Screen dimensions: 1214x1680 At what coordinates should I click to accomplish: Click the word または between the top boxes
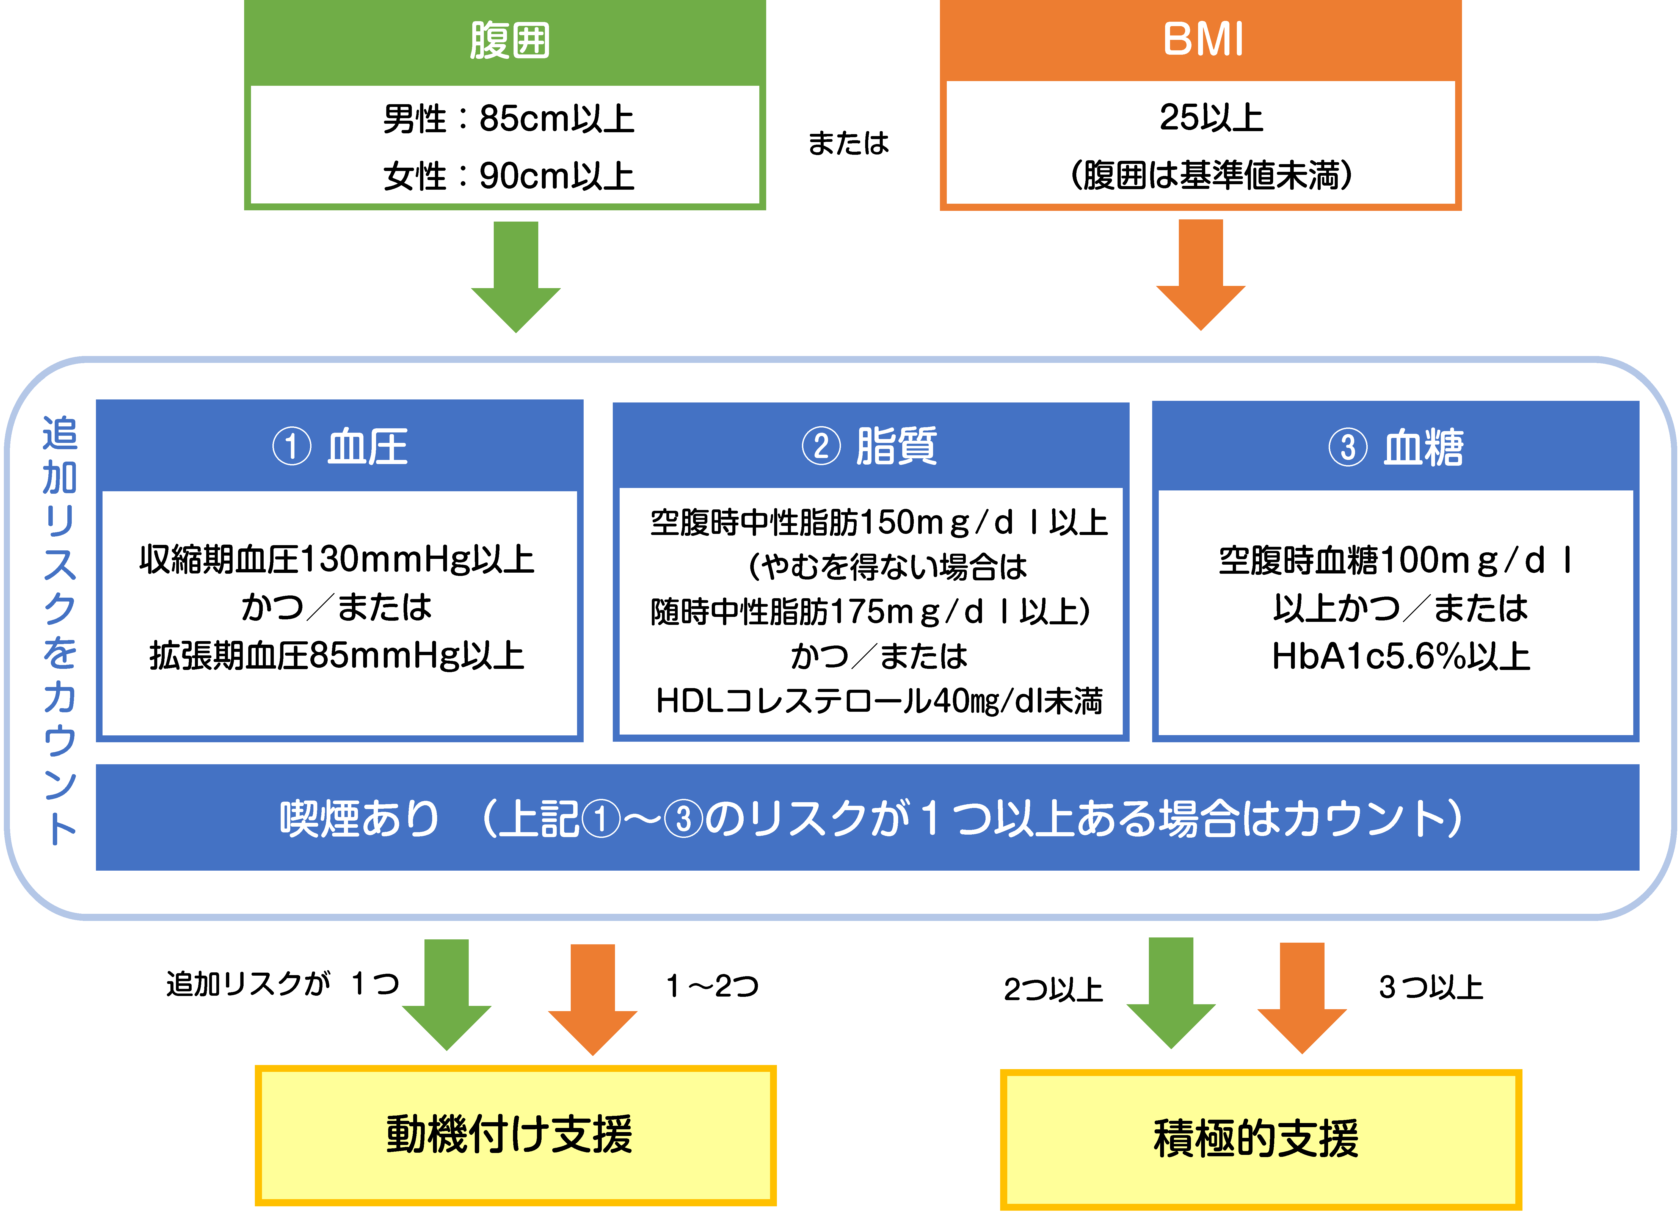[x=848, y=143]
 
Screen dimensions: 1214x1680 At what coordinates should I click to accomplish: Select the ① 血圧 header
[x=340, y=447]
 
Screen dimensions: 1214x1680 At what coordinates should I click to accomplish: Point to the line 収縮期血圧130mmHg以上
[x=337, y=559]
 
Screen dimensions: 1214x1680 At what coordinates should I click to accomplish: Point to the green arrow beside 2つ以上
[x=1170, y=992]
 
